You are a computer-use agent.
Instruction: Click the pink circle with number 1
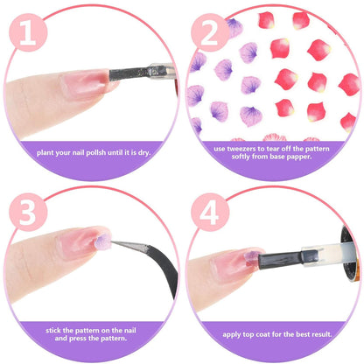click(28, 32)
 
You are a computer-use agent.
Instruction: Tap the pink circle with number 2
click(210, 32)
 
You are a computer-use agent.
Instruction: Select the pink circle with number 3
click(28, 212)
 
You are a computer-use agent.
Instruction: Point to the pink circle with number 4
click(210, 212)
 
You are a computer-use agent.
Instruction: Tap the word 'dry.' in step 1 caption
click(144, 153)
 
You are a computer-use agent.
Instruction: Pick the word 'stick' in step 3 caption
click(53, 331)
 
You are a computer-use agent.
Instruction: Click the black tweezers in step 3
click(151, 258)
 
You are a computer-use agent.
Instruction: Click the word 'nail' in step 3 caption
click(129, 331)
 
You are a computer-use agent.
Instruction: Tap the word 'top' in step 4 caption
click(248, 334)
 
